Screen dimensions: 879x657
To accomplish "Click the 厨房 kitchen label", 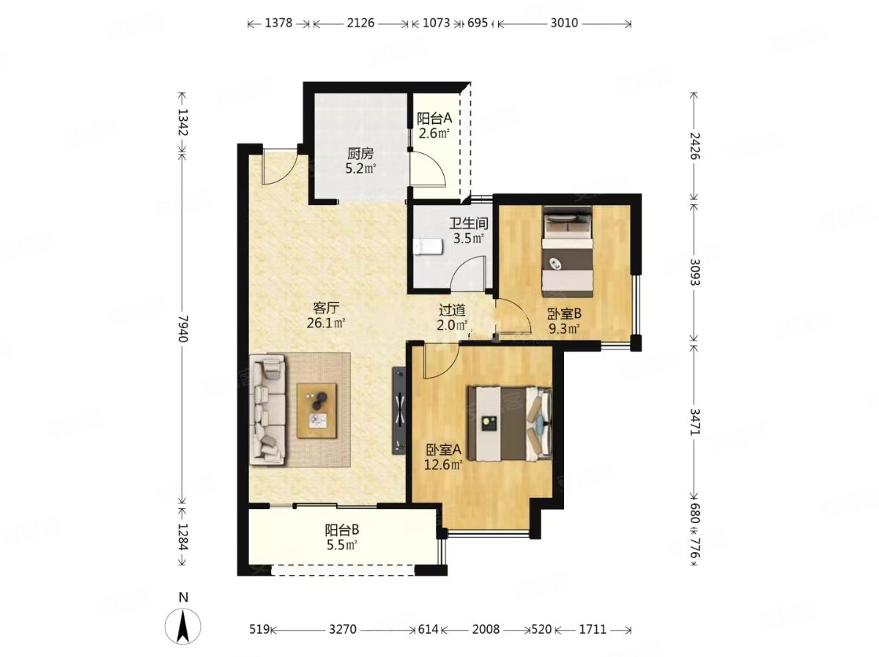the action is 360,153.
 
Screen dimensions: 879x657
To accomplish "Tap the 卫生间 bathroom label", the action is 468,223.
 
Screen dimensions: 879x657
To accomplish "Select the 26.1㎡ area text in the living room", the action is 325,323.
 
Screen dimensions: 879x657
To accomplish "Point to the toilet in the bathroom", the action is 429,247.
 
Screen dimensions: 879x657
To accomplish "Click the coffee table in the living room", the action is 316,410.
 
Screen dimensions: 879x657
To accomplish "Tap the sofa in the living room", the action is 267,411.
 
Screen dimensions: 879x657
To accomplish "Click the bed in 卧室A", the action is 510,423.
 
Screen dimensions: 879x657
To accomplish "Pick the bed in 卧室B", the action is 568,251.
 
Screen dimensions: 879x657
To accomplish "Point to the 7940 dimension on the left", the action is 182,328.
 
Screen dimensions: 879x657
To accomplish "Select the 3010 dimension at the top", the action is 564,23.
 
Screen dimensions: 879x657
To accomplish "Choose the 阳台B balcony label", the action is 341,530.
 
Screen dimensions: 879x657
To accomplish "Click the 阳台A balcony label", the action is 434,118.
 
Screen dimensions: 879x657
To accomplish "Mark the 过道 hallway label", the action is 452,310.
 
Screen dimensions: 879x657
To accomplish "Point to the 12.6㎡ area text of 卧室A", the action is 443,465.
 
